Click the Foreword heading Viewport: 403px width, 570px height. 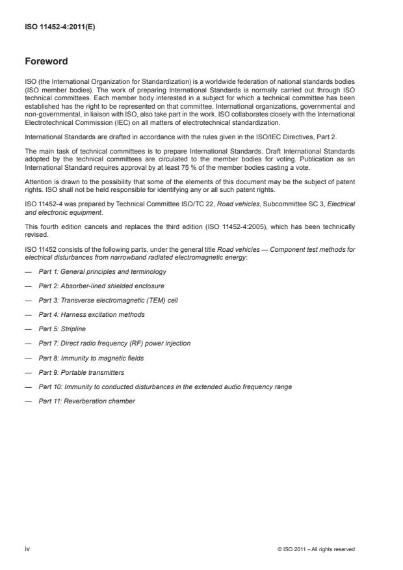point(46,62)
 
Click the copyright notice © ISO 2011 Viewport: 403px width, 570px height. point(315,549)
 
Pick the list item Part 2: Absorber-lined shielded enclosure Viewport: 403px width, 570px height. point(101,286)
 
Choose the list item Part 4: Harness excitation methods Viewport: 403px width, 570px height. point(91,314)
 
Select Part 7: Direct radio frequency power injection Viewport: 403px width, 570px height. point(114,343)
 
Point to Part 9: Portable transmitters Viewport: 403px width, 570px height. point(81,372)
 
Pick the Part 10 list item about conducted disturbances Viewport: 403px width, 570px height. point(165,387)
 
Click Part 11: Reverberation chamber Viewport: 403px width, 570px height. point(86,401)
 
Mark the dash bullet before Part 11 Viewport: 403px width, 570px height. point(28,401)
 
